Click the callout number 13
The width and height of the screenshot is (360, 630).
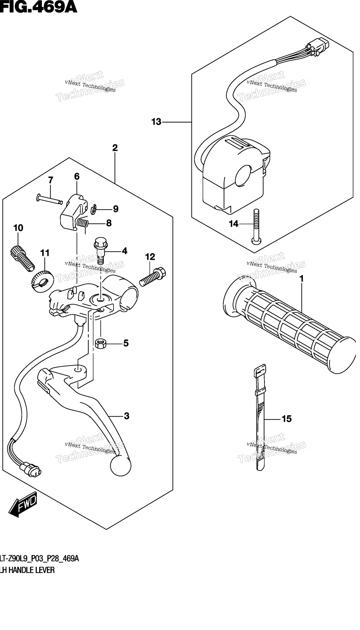point(156,122)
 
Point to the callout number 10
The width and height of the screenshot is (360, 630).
point(18,228)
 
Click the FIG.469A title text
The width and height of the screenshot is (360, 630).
point(39,7)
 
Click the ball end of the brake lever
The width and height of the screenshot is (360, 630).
point(121,466)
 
